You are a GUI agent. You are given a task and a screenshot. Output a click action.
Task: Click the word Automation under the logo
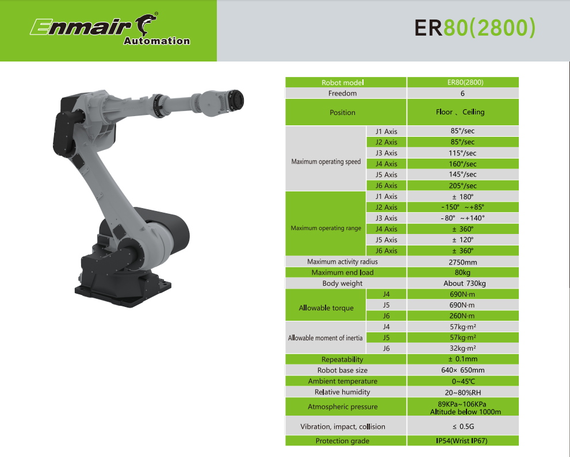(x=156, y=41)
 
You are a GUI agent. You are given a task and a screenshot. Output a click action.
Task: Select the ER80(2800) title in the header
(x=475, y=28)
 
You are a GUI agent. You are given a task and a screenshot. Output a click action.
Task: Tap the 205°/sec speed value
(x=462, y=186)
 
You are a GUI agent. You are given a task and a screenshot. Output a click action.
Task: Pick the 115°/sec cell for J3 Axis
(x=462, y=153)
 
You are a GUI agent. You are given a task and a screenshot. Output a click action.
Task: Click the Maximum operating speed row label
(x=326, y=162)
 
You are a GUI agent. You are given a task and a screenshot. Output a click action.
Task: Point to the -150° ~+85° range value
(x=462, y=207)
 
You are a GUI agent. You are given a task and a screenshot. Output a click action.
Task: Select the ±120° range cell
(x=462, y=240)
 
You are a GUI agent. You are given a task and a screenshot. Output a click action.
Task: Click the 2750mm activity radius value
(x=463, y=262)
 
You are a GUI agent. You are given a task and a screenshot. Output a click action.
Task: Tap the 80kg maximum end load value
(x=462, y=272)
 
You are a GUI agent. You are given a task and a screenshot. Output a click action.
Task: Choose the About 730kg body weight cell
(x=464, y=283)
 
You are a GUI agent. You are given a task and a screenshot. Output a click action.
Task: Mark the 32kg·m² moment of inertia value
(x=463, y=348)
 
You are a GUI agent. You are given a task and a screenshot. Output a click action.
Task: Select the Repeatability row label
(x=342, y=359)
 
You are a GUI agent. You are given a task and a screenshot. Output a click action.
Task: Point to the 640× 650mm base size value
(x=463, y=370)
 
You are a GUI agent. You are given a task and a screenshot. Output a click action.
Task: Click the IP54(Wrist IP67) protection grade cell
(x=462, y=441)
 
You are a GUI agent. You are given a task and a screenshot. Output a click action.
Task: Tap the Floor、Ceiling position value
(x=460, y=112)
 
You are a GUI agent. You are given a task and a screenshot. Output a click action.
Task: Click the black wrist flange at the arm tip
(x=236, y=100)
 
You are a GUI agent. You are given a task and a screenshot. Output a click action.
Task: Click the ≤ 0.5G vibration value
(x=463, y=427)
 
